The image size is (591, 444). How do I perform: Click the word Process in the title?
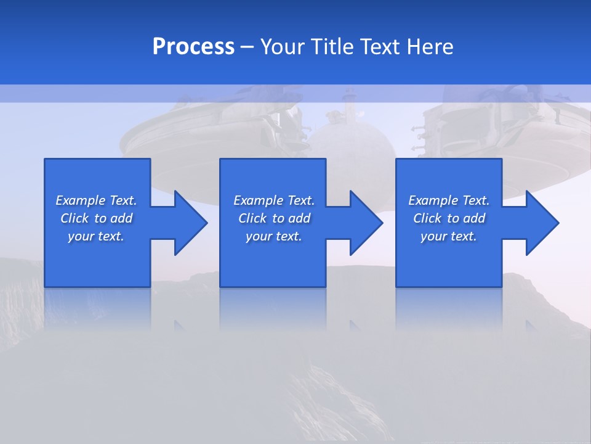(193, 47)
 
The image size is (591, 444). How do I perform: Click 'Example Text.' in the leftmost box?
(96, 200)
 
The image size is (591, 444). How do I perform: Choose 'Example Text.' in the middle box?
(274, 200)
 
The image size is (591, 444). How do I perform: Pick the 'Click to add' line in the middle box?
(274, 218)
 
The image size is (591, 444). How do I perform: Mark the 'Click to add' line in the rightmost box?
(449, 218)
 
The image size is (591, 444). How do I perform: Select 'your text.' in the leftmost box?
(96, 236)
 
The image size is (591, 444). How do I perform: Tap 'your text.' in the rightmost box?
(449, 236)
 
